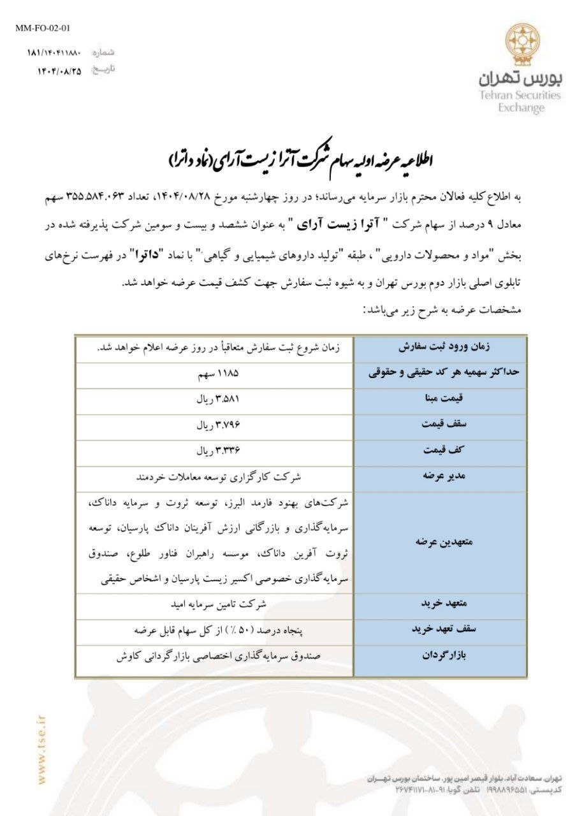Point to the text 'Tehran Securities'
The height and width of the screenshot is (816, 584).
[x=520, y=96]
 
